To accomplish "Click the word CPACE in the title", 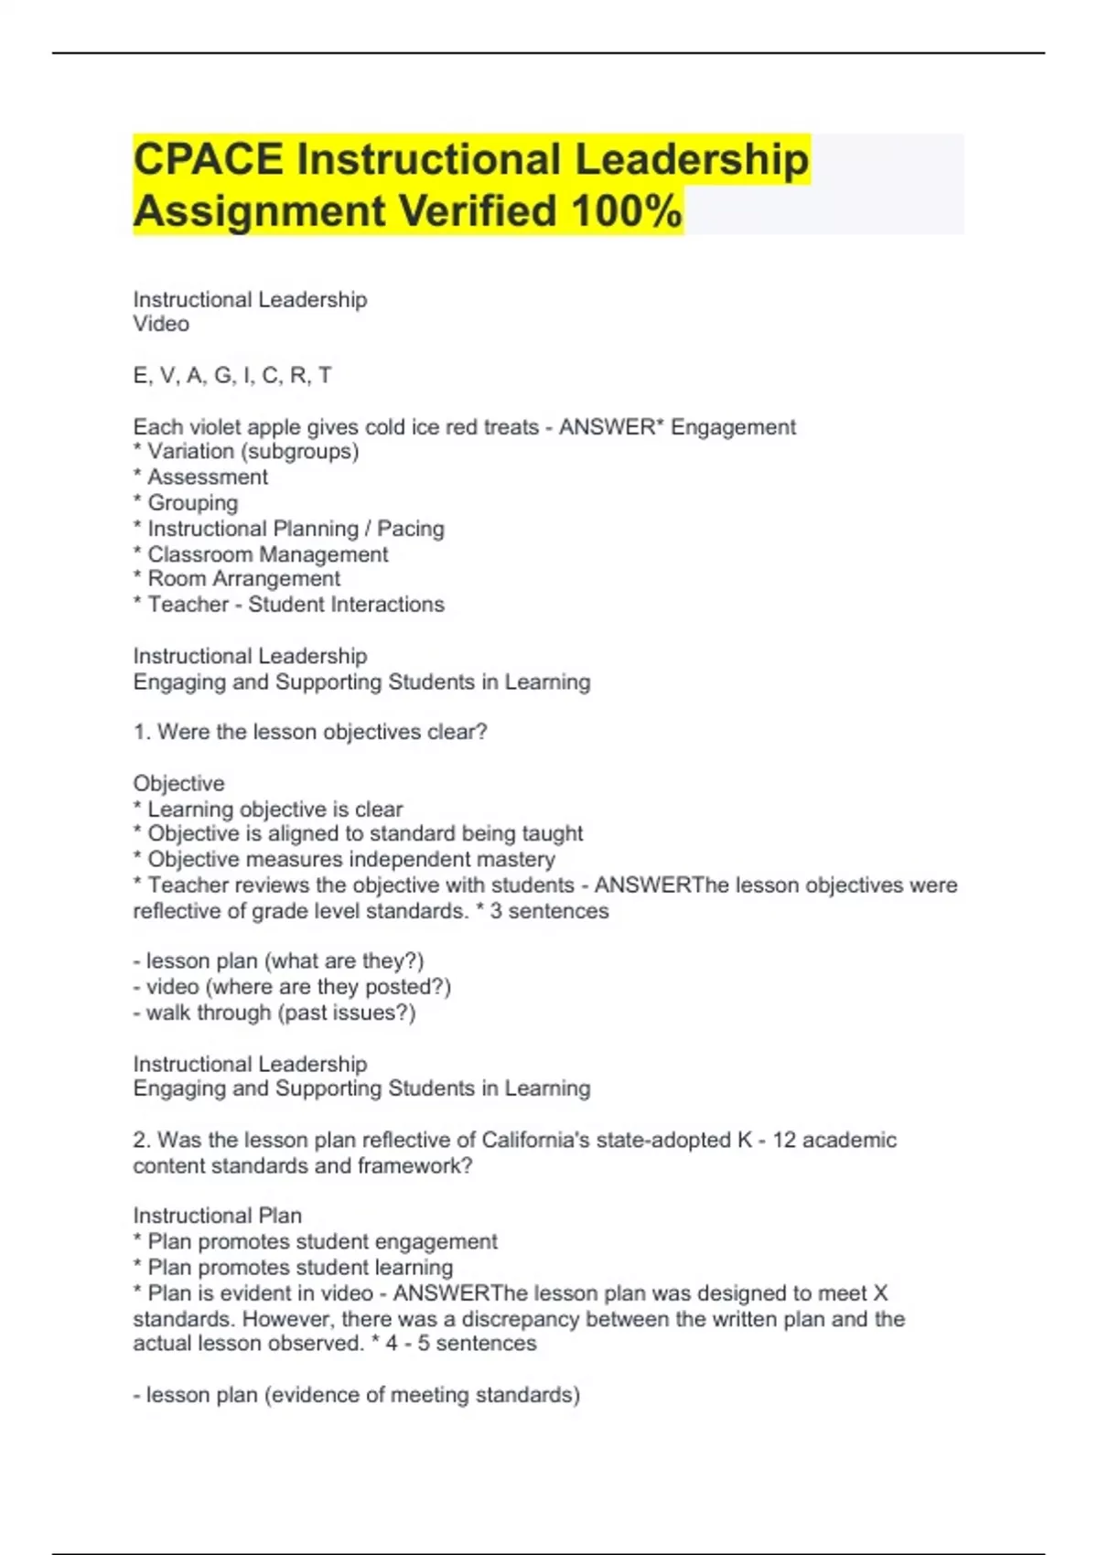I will [208, 159].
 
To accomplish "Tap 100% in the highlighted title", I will [627, 211].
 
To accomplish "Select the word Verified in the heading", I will [478, 211].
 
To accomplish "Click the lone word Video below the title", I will [161, 324].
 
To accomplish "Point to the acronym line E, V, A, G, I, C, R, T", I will [232, 376].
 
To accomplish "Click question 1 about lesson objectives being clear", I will [310, 732].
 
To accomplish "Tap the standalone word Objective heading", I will [178, 784].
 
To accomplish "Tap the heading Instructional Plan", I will [217, 1216].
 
